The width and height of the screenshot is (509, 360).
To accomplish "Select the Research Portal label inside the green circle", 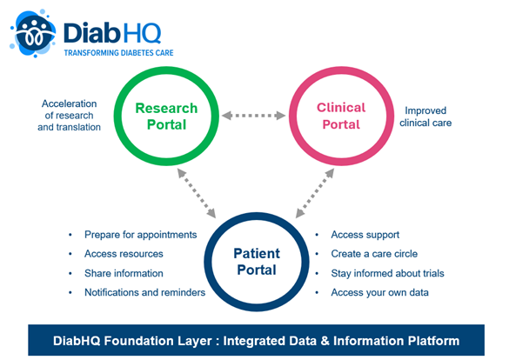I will tap(165, 117).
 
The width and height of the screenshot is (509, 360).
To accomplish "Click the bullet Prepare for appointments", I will tap(140, 235).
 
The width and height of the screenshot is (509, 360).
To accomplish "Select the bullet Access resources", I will tap(124, 254).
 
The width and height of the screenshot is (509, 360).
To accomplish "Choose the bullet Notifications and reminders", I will tap(144, 292).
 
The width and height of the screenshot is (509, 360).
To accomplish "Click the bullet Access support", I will tap(365, 235).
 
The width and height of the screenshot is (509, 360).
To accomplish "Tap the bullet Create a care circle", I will tap(373, 254).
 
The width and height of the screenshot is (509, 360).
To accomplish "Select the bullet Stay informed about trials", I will tap(387, 273).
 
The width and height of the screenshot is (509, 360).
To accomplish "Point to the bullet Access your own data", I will tap(379, 292).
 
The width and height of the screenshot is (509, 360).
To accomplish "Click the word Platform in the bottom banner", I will tap(428, 338).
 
